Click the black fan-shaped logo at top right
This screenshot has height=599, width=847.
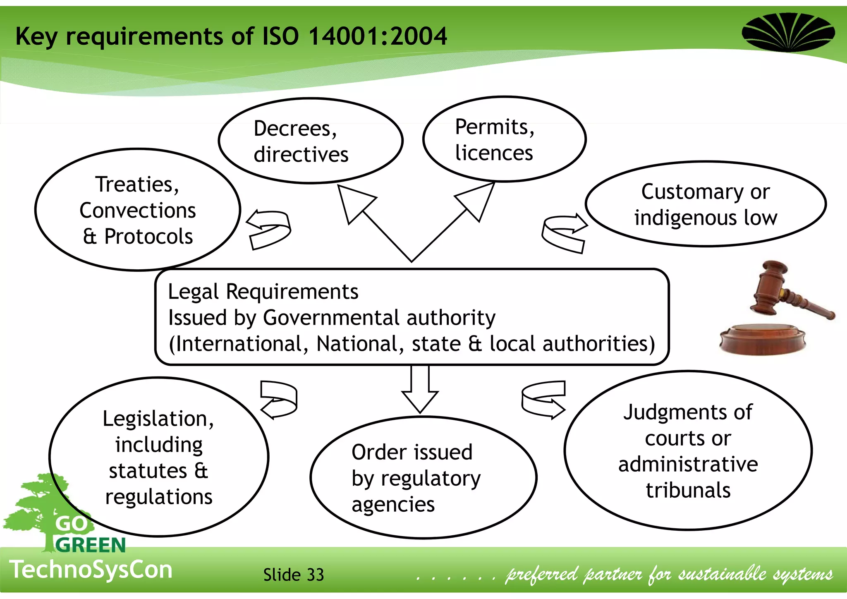(x=788, y=32)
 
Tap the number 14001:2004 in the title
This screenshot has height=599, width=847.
(x=377, y=36)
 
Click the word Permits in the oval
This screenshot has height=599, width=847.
(x=494, y=127)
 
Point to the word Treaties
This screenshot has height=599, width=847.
(x=136, y=184)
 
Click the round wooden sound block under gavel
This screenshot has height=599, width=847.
(x=762, y=338)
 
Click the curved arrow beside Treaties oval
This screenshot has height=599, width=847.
(x=269, y=230)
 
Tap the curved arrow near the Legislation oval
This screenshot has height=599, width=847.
(x=279, y=400)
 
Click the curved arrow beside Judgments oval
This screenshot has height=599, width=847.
(x=543, y=400)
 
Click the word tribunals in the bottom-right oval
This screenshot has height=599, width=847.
(x=688, y=491)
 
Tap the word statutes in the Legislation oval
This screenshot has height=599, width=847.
(x=148, y=471)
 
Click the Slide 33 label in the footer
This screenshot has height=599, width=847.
(x=293, y=575)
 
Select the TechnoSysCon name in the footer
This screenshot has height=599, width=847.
(x=91, y=570)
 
